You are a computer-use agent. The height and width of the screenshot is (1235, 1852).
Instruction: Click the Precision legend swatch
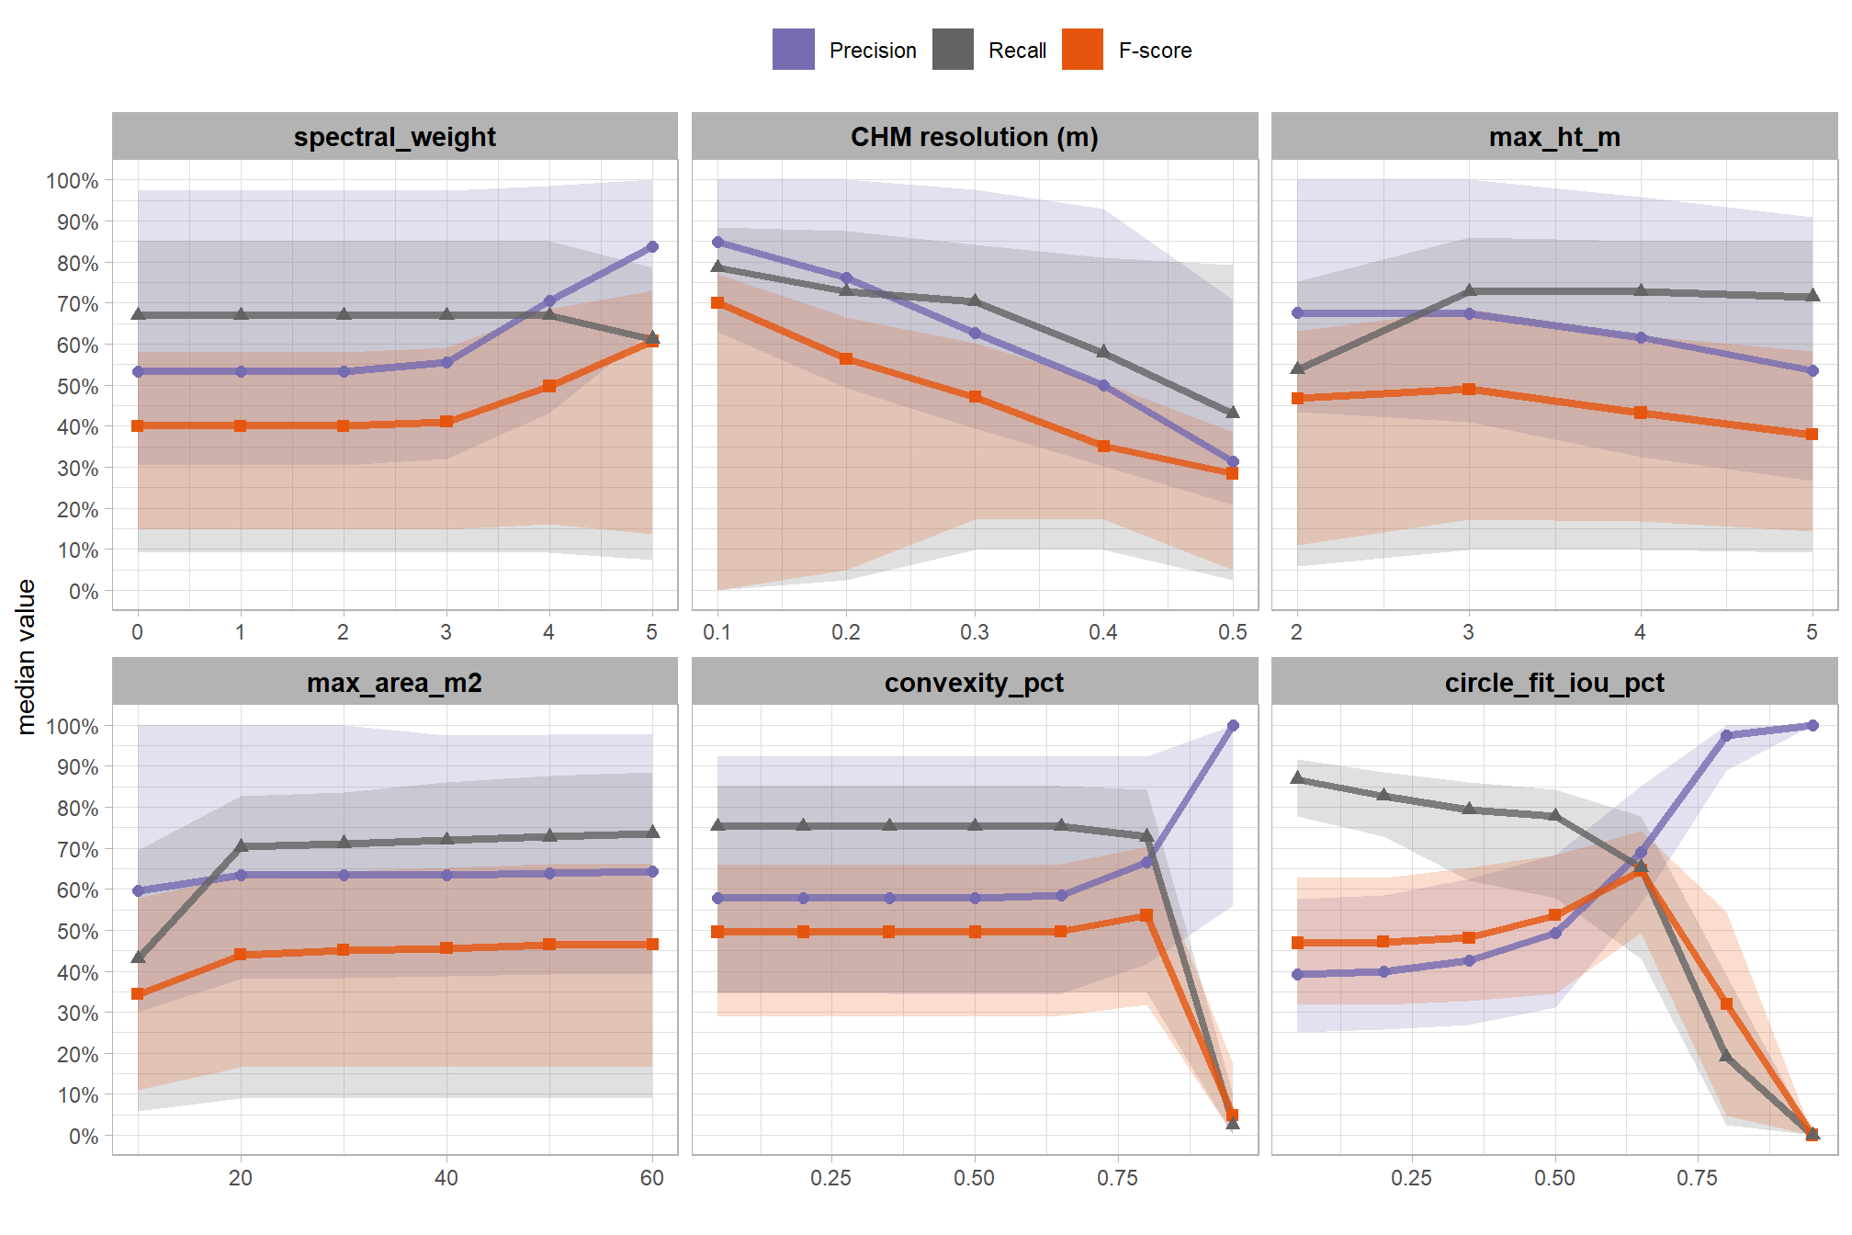click(x=793, y=50)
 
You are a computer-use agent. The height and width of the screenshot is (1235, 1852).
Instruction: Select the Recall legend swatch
click(x=953, y=50)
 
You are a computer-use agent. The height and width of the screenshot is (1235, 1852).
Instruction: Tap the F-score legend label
click(x=1155, y=51)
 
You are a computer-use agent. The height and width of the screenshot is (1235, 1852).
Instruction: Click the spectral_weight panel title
click(x=394, y=137)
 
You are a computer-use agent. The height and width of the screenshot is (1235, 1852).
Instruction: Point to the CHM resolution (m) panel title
click(x=974, y=137)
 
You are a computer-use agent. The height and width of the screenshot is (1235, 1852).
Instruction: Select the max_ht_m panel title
click(x=1554, y=137)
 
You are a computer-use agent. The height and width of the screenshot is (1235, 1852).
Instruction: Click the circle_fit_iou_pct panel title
click(x=1554, y=683)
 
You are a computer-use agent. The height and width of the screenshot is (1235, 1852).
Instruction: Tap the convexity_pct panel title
click(x=974, y=683)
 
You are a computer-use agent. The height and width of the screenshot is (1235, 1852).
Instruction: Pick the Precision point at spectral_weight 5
click(x=652, y=246)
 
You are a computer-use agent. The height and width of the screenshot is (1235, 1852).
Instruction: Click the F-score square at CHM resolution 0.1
click(x=717, y=302)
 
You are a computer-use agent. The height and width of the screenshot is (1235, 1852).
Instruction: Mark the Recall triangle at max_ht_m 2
click(x=1297, y=368)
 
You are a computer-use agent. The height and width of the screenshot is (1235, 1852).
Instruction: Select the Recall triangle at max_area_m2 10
click(x=138, y=957)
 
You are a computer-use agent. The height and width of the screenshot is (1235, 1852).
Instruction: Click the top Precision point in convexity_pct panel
click(x=1233, y=725)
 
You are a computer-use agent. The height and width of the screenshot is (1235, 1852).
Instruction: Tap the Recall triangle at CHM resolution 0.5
click(x=1233, y=412)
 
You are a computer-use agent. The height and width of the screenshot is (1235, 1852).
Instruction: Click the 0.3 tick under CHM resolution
click(x=975, y=632)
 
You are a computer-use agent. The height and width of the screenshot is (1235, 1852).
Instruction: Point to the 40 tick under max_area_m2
click(x=446, y=1178)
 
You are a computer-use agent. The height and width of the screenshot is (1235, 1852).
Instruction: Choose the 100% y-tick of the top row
click(x=73, y=181)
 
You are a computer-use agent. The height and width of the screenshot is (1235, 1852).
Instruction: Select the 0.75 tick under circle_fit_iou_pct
click(x=1697, y=1178)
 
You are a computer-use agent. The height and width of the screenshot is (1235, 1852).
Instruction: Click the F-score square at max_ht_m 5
click(x=1812, y=434)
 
